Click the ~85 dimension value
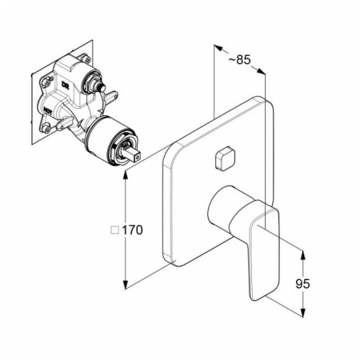coord(239,60)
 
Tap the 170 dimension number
coord(132,230)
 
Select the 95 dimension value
coord(302,283)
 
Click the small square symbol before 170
coord(115,230)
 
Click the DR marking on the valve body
coord(65,85)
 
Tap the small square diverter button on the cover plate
coord(225,158)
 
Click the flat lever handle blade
coord(264,254)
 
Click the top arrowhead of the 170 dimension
coord(126,174)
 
